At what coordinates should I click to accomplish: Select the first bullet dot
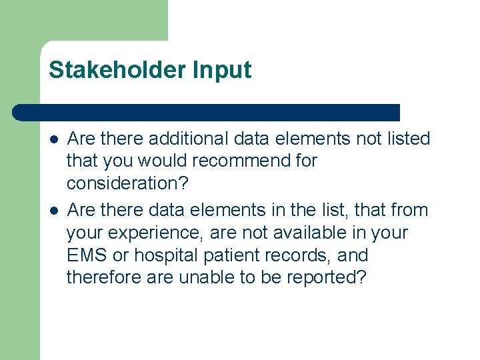coord(53,139)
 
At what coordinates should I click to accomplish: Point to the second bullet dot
coord(53,211)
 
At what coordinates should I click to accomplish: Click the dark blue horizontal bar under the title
coord(207,112)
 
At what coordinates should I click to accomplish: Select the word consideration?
coord(128,183)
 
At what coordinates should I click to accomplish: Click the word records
coord(305,255)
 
